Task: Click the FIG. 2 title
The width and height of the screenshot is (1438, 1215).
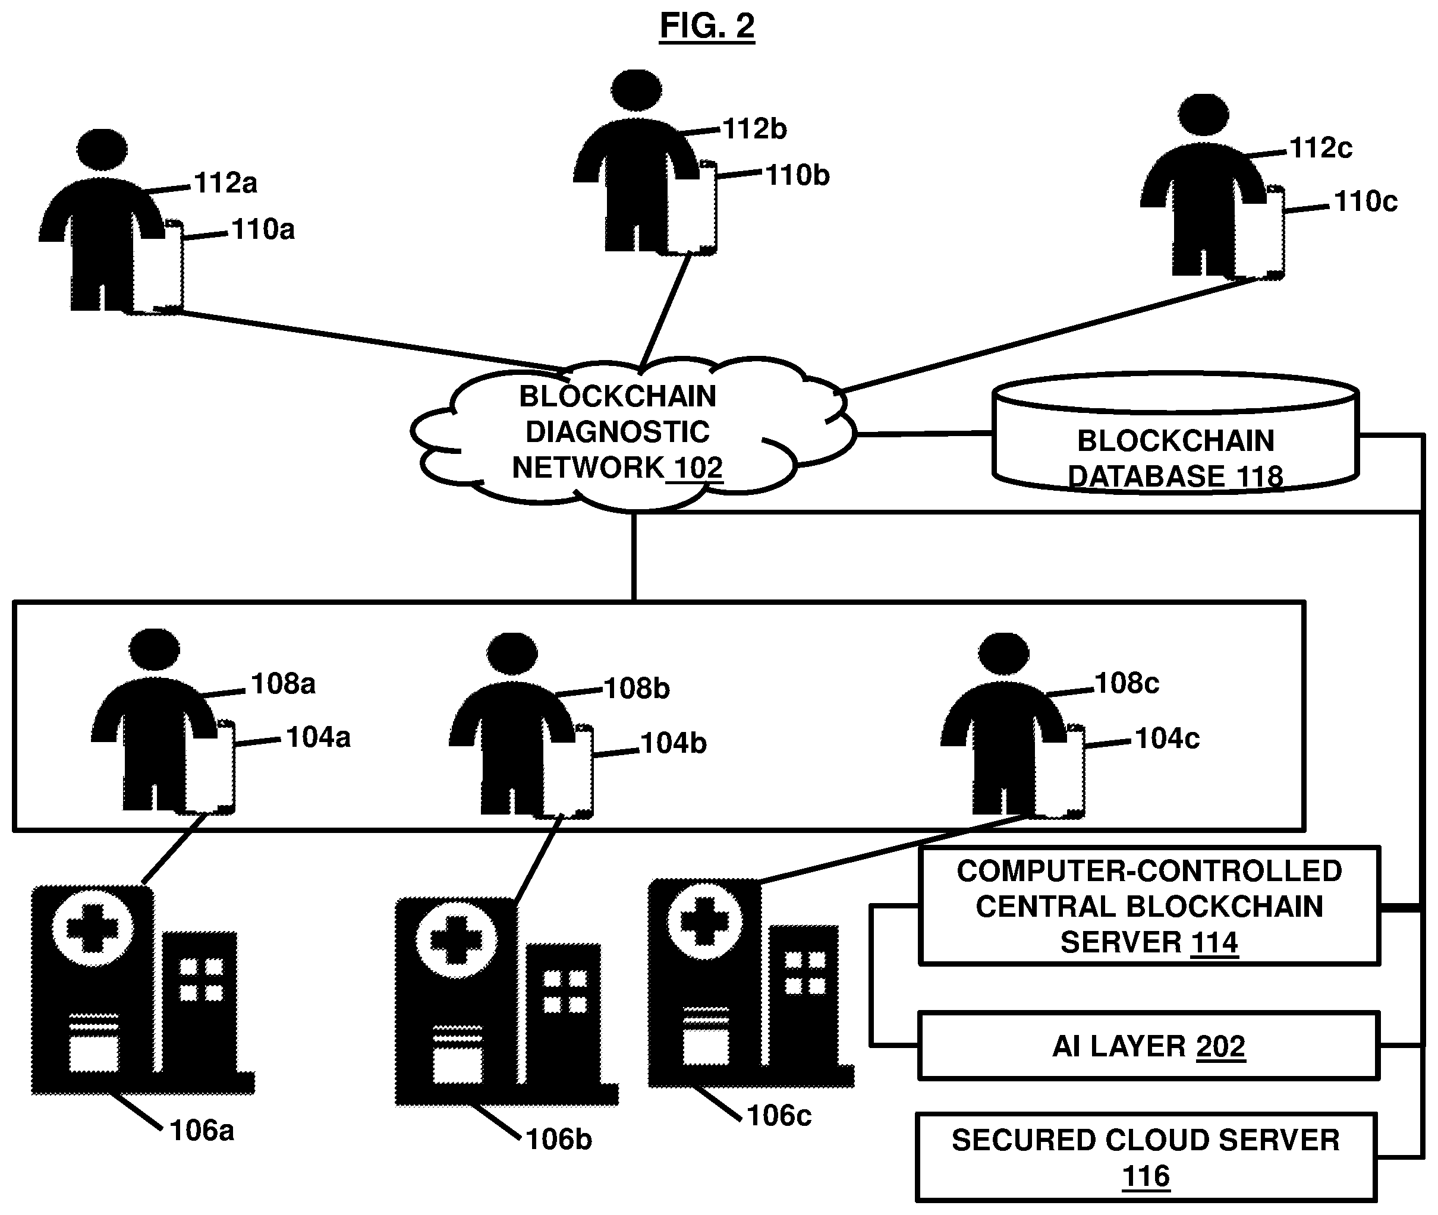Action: pyautogui.click(x=707, y=26)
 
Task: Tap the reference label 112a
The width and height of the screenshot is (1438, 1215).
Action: pyautogui.click(x=225, y=183)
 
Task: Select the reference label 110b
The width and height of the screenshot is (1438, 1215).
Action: pyautogui.click(x=797, y=176)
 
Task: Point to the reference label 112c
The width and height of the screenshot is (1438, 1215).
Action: pyautogui.click(x=1320, y=148)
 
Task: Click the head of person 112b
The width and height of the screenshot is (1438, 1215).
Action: pyautogui.click(x=636, y=90)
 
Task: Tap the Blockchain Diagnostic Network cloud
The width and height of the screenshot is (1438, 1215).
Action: pyautogui.click(x=633, y=434)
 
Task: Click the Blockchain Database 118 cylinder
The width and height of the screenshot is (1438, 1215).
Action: pyautogui.click(x=1175, y=433)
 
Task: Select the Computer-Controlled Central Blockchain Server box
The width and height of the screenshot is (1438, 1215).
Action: pyautogui.click(x=1149, y=905)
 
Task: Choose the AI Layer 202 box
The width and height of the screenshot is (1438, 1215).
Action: pyautogui.click(x=1149, y=1046)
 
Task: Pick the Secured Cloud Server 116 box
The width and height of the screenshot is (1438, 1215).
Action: pyautogui.click(x=1147, y=1158)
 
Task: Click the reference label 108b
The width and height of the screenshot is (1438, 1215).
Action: pyautogui.click(x=637, y=689)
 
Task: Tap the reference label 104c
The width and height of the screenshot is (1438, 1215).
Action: pyautogui.click(x=1167, y=739)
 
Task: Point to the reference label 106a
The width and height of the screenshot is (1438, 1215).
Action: pyautogui.click(x=202, y=1130)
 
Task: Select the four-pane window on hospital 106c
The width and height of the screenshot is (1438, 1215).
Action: pyautogui.click(x=805, y=973)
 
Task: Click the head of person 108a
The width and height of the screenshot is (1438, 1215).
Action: pyautogui.click(x=155, y=649)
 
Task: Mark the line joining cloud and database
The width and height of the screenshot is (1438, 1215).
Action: pyautogui.click(x=924, y=434)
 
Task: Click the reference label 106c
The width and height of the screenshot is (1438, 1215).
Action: pyautogui.click(x=779, y=1116)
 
